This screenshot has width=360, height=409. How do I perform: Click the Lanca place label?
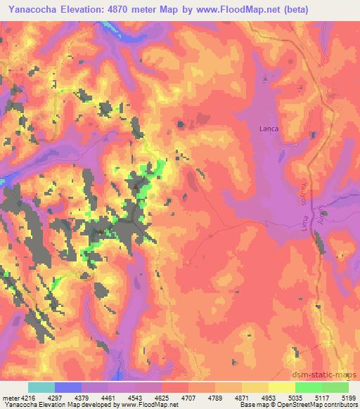(x=269, y=129)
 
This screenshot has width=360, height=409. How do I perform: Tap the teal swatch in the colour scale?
(x=41, y=387)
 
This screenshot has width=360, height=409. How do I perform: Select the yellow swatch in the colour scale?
(x=281, y=387)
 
